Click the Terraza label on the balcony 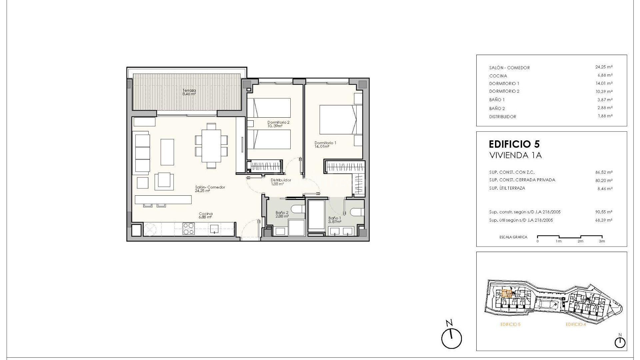pyautogui.click(x=189, y=92)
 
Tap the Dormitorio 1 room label pyautogui.click(x=325, y=144)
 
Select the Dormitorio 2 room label pyautogui.click(x=278, y=124)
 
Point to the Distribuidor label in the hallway pyautogui.click(x=280, y=182)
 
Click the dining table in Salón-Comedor pyautogui.click(x=211, y=145)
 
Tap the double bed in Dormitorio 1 pyautogui.click(x=337, y=120)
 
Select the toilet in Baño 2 pyautogui.click(x=298, y=209)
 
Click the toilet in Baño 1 pyautogui.click(x=357, y=212)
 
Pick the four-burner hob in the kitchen pyautogui.click(x=188, y=229)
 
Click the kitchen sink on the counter pyautogui.click(x=214, y=229)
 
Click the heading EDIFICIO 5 pyautogui.click(x=514, y=144)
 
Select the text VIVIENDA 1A pyautogui.click(x=515, y=156)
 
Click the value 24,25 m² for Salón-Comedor pyautogui.click(x=604, y=67)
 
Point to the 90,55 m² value pyautogui.click(x=604, y=212)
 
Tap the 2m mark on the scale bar pyautogui.click(x=580, y=241)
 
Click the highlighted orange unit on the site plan pyautogui.click(x=507, y=294)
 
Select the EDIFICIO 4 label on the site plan pyautogui.click(x=575, y=324)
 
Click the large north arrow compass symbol pyautogui.click(x=451, y=338)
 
